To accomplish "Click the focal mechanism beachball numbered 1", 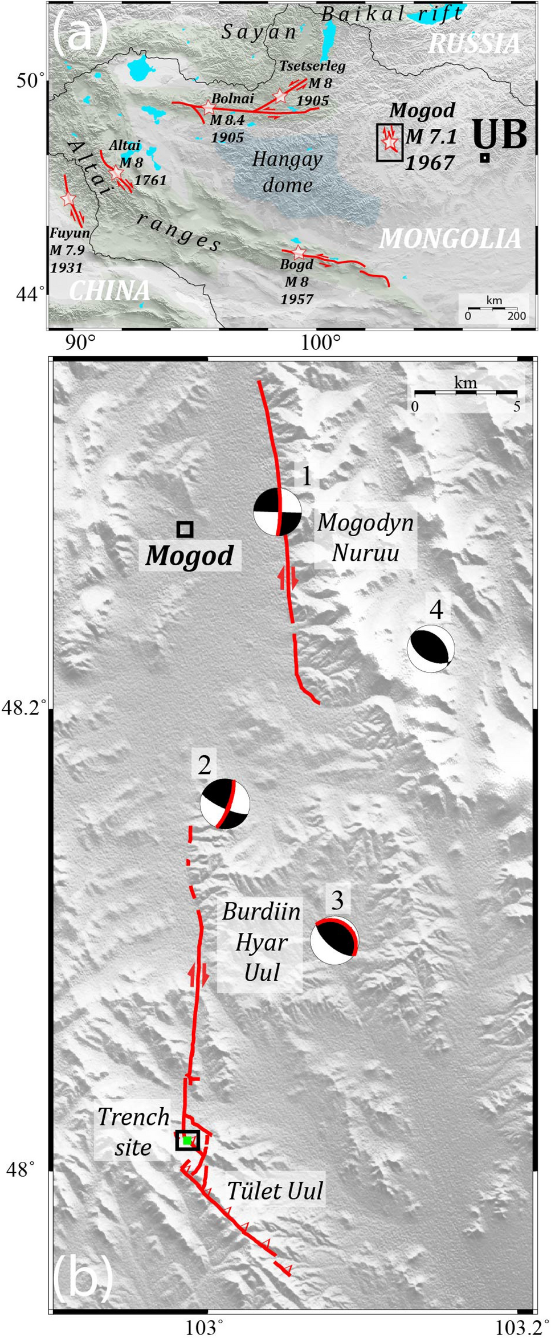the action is tap(277, 512).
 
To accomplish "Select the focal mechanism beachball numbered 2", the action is tap(225, 803).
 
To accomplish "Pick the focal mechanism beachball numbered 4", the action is tap(431, 649).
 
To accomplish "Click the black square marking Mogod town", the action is tap(185, 529).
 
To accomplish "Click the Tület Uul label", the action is tap(275, 1190).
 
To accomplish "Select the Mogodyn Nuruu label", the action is tap(366, 537).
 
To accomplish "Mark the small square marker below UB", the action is tap(484, 158).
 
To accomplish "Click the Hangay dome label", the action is tap(288, 172).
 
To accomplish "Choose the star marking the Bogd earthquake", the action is tap(299, 252).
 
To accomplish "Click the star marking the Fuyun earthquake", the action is tap(68, 199).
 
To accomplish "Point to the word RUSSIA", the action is tap(475, 43).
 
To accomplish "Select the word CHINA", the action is tap(109, 291).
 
